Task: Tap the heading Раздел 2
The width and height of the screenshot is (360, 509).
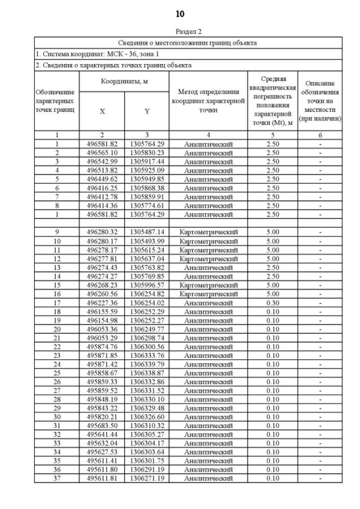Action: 188,31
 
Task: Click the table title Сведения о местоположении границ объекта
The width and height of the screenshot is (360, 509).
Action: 188,43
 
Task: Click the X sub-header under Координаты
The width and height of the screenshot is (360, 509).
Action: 102,111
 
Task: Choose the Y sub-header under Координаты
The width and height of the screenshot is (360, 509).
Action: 147,111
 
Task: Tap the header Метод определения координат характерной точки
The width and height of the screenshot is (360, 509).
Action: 208,100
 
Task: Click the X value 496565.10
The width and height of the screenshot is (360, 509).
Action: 102,152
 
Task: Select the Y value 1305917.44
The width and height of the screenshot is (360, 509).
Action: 147,161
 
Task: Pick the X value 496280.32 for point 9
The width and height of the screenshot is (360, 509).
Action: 102,232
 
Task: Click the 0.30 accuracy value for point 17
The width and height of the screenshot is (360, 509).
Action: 272,303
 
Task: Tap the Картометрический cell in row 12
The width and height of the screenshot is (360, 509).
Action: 208,258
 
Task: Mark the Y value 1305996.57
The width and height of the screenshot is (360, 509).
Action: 147,285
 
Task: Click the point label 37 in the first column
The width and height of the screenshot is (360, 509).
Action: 57,479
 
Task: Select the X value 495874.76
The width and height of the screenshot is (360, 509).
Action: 102,346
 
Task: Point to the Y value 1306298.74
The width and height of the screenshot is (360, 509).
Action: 147,337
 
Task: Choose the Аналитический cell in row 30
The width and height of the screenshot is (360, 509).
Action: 208,417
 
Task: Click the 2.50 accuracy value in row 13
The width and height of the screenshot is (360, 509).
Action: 272,267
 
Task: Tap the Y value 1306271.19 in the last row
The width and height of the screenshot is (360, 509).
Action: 147,479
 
